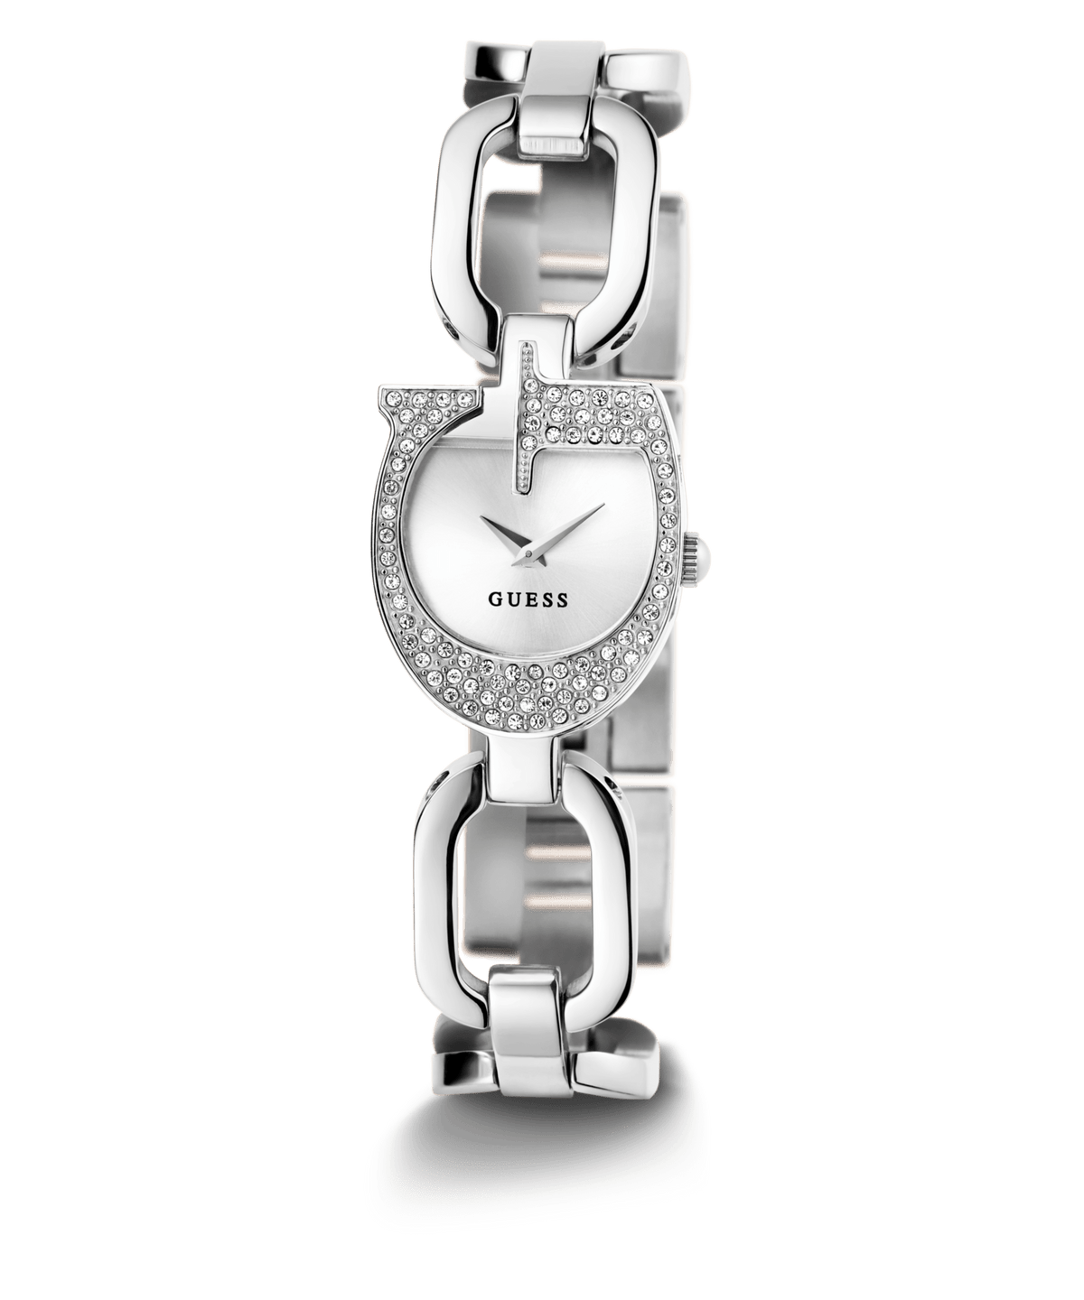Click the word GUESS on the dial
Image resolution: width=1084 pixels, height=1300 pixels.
[528, 599]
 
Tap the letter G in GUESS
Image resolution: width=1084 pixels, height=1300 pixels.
[497, 599]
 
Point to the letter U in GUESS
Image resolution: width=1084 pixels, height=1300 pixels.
[513, 599]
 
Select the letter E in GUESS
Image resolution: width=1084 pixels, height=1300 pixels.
[529, 599]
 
